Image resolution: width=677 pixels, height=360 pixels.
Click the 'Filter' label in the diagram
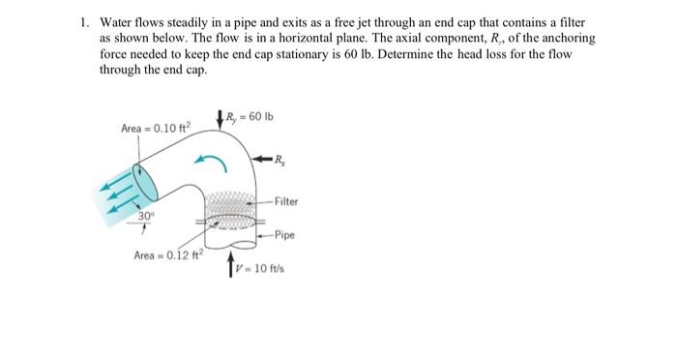pyautogui.click(x=286, y=201)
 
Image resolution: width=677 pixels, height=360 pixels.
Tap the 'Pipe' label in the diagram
pyautogui.click(x=283, y=234)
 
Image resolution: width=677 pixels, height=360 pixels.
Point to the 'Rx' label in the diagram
pyautogui.click(x=280, y=159)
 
